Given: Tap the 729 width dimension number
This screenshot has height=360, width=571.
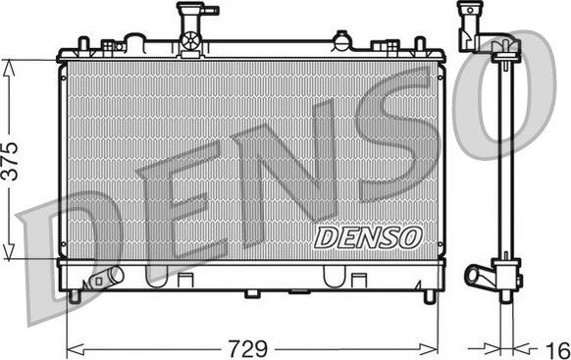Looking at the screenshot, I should click(252, 347).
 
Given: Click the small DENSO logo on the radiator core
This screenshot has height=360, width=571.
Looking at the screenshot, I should click(368, 236).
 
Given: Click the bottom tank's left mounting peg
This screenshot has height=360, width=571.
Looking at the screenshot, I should click(75, 294).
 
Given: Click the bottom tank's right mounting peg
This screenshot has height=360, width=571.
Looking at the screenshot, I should click(429, 294).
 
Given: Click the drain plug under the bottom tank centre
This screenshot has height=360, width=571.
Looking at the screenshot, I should click(252, 292).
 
